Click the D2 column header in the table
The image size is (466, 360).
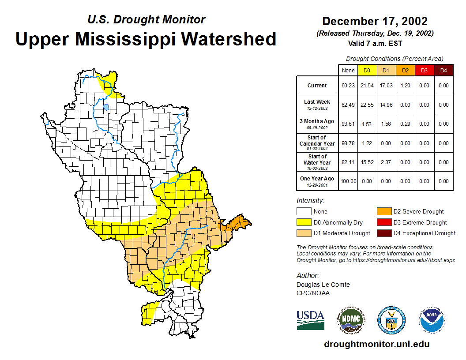405,70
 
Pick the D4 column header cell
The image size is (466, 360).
443,70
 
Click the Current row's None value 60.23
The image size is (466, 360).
348,86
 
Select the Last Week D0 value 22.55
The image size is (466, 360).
367,105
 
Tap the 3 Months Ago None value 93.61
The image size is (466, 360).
348,124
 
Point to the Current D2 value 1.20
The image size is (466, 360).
405,86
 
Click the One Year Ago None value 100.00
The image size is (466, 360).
348,181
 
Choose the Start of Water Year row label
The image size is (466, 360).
317,162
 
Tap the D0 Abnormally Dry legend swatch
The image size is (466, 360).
304,222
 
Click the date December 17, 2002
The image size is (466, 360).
375,21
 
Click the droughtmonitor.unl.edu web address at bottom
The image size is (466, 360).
376,344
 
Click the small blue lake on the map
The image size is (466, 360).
106,107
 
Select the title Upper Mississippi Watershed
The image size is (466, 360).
146,39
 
